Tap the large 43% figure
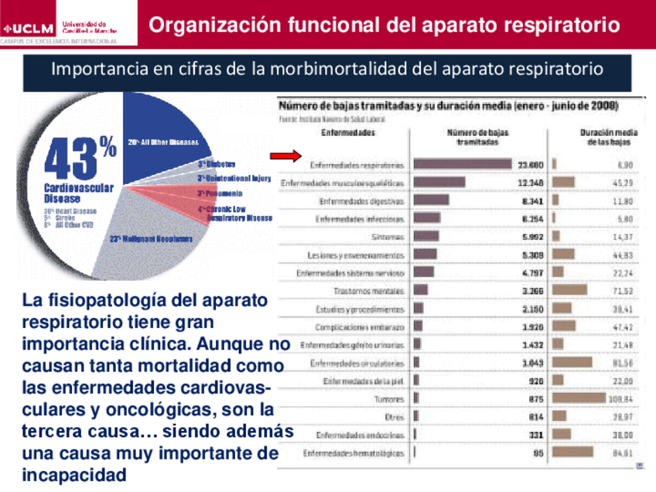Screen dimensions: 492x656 78,159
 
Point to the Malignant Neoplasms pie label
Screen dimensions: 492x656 151,238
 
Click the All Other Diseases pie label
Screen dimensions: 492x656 169,142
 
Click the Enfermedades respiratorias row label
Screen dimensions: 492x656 357,165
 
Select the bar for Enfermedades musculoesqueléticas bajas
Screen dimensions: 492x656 439,183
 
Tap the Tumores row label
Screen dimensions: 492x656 388,399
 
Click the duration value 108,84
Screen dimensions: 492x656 620,399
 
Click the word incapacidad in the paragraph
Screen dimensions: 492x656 74,473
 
